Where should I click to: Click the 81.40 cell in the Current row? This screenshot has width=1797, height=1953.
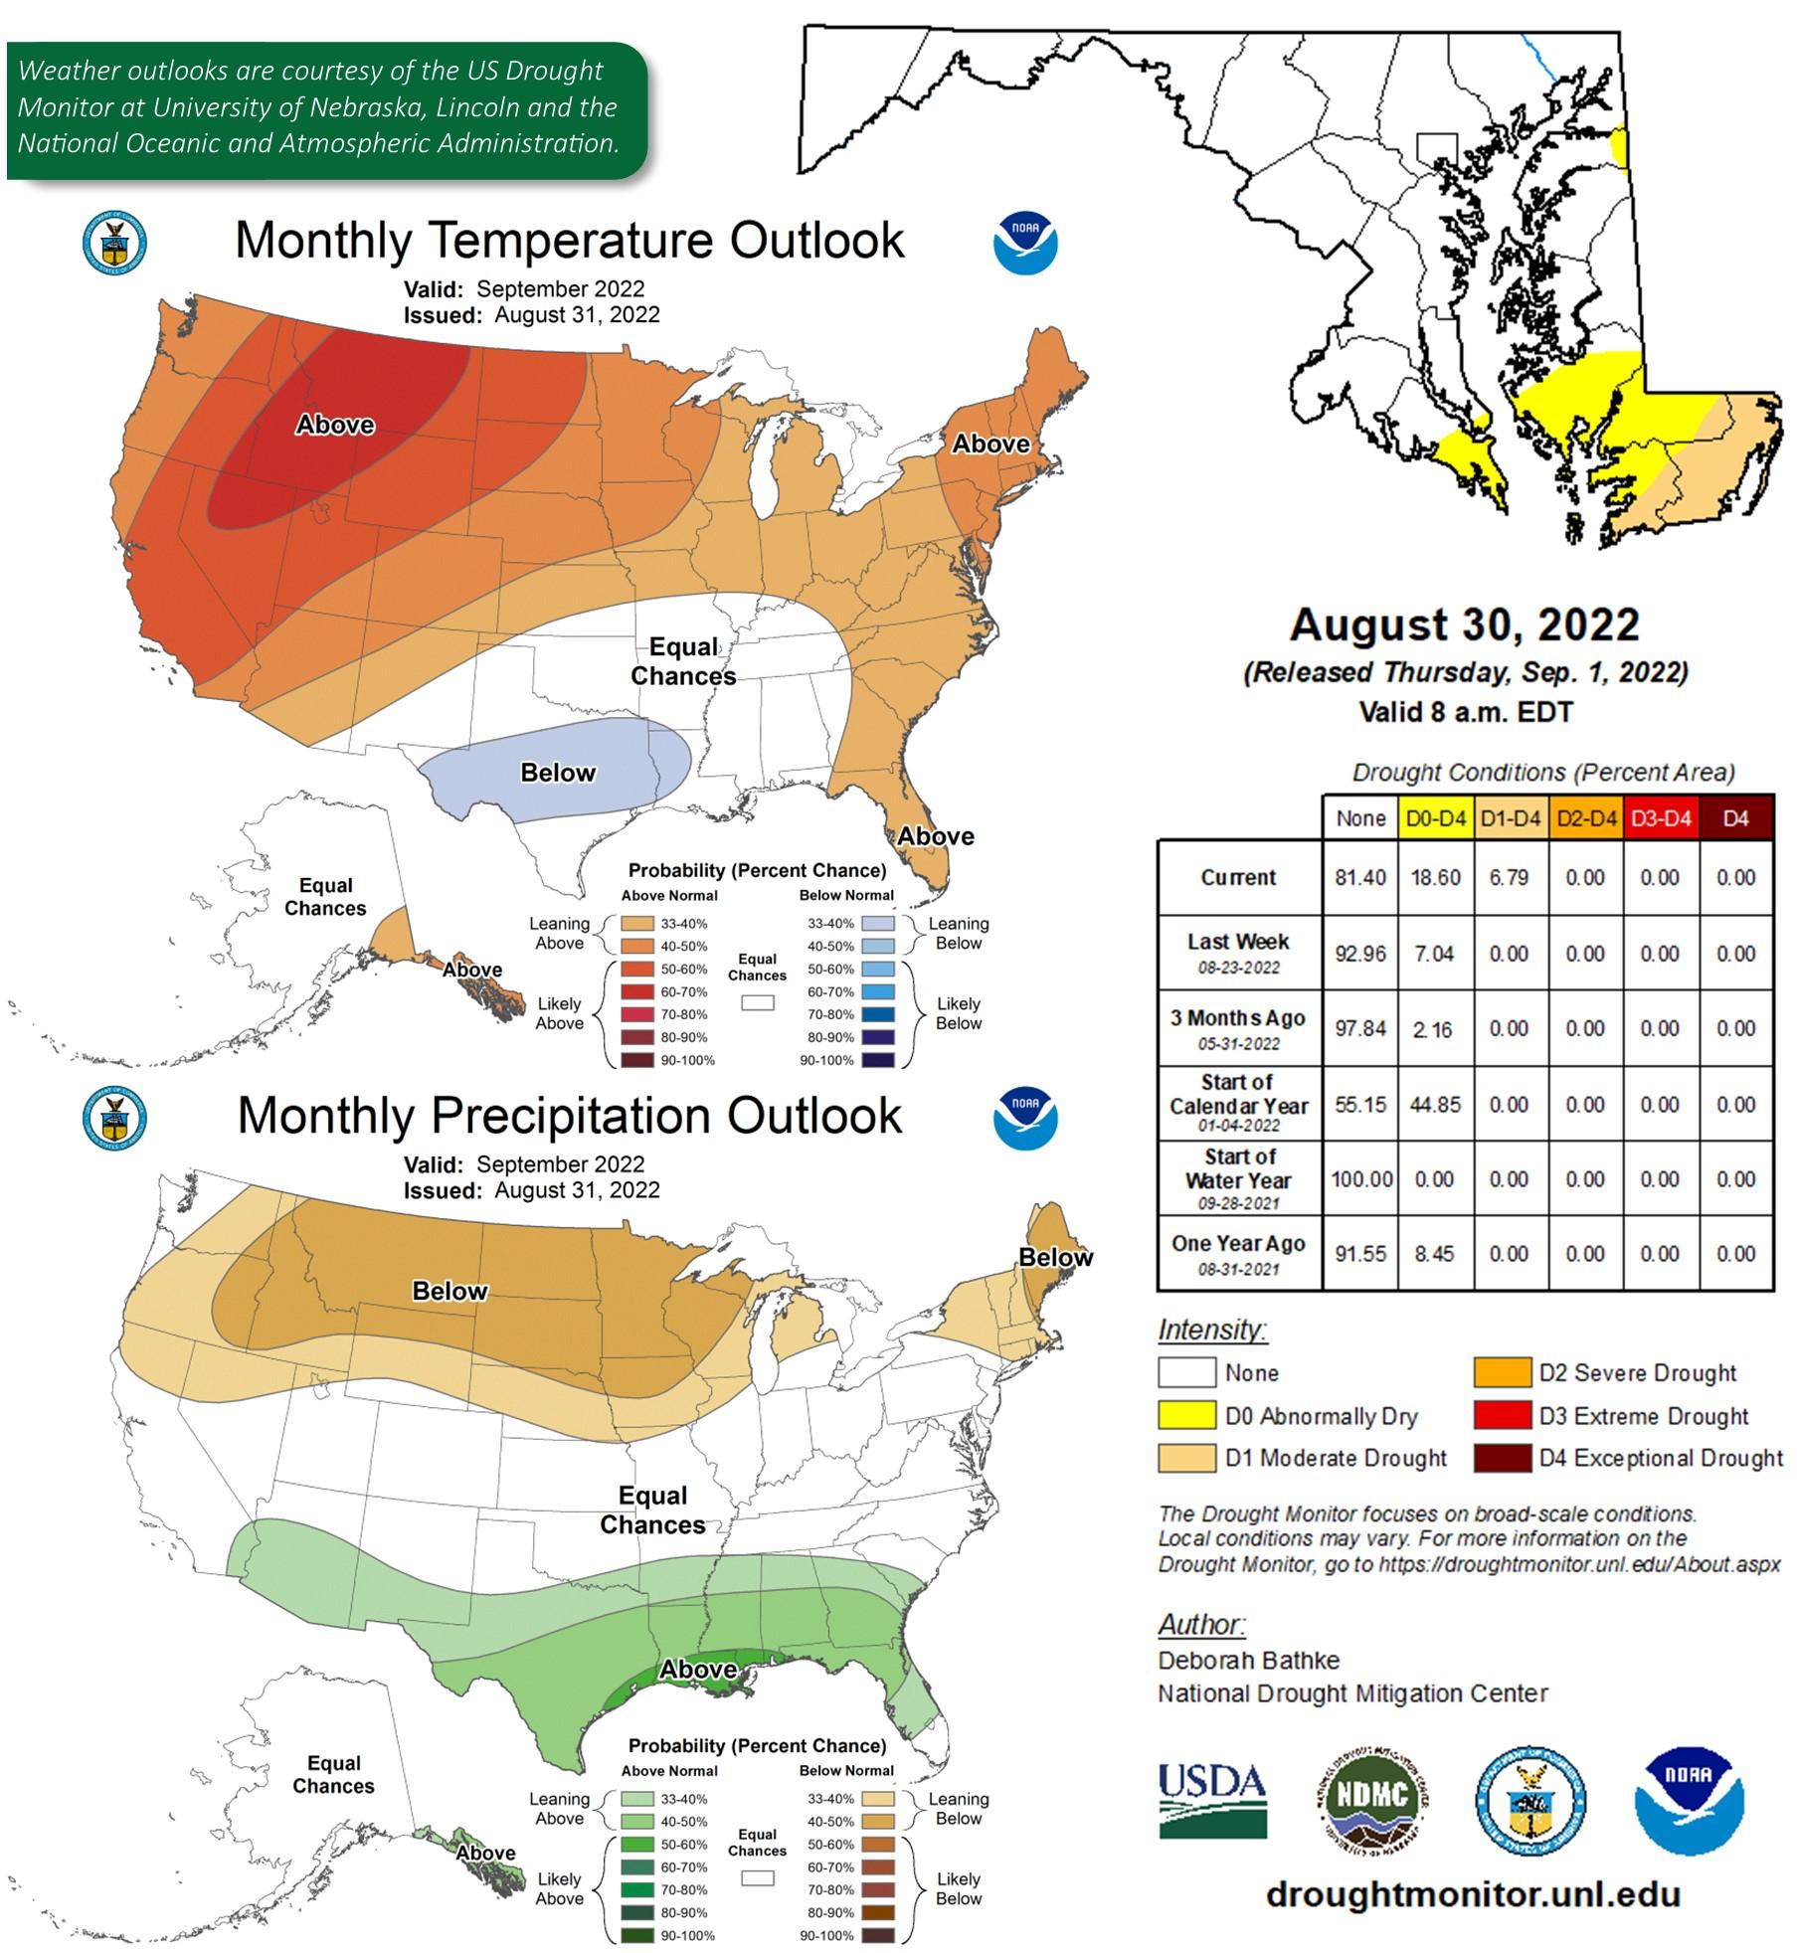click(1359, 878)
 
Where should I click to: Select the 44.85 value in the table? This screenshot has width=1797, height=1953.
click(1435, 1105)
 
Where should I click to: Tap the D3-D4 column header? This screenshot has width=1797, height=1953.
click(1660, 818)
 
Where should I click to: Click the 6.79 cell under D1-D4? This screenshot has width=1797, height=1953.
click(1509, 878)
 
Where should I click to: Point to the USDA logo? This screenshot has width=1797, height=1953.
click(1212, 1800)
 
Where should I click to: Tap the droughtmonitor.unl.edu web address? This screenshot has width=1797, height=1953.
click(1473, 1894)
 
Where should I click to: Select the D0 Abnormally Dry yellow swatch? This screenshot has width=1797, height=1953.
click(1186, 1415)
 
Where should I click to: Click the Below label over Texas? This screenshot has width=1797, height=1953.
click(558, 773)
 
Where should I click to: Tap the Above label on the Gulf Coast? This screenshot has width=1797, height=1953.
click(698, 1670)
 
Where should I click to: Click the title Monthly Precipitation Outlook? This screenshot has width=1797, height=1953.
click(569, 1116)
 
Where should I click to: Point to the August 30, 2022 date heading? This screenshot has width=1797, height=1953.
click(1464, 624)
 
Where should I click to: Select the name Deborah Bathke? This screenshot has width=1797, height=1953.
click(1248, 1661)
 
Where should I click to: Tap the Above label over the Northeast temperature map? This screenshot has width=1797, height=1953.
click(990, 444)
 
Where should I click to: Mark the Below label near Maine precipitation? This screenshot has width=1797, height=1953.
click(1055, 1257)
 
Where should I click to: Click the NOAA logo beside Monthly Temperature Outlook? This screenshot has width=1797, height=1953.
click(1024, 242)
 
